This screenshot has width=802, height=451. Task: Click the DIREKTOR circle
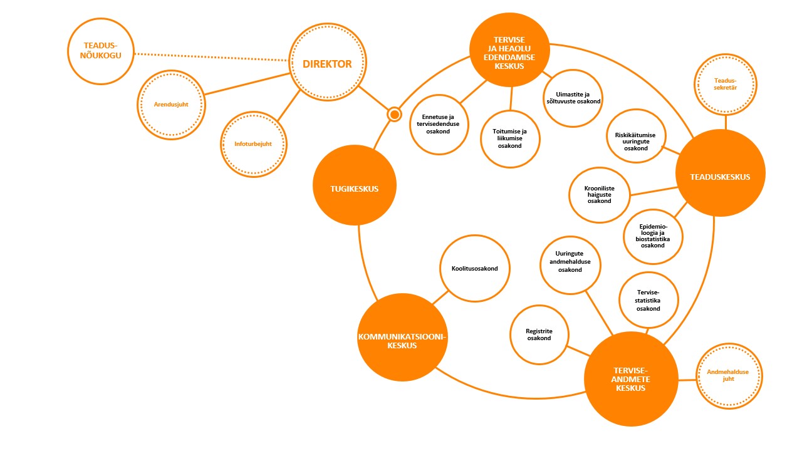[327, 64]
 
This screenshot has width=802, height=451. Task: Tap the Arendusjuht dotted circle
[171, 104]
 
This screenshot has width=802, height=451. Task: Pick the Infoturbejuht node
[253, 144]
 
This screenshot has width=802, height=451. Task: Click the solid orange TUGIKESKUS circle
[354, 189]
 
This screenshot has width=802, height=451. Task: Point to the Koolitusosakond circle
[474, 269]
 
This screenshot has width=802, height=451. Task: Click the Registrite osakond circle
[539, 334]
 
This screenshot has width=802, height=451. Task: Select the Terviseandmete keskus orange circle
[630, 378]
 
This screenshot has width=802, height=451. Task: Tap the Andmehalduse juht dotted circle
[728, 376]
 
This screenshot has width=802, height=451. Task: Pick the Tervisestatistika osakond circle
[648, 300]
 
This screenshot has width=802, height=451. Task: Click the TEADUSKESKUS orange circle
[720, 177]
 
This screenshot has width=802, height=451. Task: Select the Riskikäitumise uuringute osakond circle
[636, 140]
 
